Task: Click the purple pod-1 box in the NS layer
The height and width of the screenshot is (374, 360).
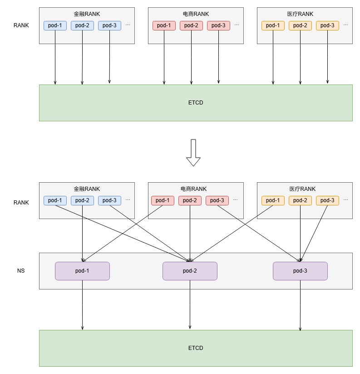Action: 82,271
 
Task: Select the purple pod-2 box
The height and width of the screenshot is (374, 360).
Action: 190,271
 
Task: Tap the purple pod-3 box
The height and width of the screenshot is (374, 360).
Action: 300,271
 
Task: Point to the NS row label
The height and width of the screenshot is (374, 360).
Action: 21,271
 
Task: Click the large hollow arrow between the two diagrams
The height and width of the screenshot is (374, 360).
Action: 193,153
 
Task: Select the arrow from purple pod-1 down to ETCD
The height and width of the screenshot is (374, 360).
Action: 83,305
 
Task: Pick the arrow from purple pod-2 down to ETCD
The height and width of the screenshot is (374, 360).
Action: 190,304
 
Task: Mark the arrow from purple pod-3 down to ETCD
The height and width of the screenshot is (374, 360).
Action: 300,305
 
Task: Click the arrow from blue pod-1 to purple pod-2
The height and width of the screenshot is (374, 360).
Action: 123,234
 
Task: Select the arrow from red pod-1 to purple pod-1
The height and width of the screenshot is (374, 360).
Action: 123,234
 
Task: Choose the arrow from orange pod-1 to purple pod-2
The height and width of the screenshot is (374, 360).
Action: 232,234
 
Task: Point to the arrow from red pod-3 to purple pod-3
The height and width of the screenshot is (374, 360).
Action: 259,234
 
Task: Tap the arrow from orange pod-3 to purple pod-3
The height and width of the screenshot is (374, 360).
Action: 314,234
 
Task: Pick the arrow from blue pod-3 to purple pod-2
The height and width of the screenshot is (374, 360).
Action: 150,234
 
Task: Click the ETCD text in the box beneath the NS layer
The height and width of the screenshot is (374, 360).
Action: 196,348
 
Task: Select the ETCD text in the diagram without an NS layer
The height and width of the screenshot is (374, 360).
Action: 196,103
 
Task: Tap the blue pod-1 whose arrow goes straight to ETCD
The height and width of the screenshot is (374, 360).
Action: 55,25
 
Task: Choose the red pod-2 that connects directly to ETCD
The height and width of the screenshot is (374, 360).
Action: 191,25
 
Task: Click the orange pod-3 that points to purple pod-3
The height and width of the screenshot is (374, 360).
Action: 328,200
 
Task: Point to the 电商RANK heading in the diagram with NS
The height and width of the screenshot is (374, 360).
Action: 193,189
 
